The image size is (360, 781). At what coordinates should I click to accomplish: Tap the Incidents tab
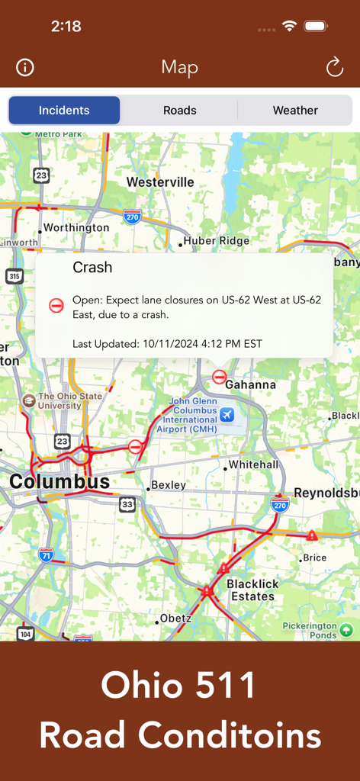click(64, 111)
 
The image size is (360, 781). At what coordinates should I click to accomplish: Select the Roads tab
click(180, 111)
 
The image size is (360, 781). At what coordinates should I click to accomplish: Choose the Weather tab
click(295, 111)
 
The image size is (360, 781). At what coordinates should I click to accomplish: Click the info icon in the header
click(25, 67)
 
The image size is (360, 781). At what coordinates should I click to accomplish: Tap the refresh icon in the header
click(335, 67)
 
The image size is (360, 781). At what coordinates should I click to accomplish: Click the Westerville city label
click(160, 182)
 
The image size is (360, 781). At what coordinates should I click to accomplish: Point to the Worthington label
click(76, 227)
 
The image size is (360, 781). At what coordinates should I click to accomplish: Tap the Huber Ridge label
click(217, 240)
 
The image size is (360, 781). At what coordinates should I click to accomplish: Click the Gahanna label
click(250, 384)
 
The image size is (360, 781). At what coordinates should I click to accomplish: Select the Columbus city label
click(59, 482)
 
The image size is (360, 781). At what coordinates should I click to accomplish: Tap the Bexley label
click(169, 485)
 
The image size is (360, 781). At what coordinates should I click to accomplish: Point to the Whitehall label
click(254, 464)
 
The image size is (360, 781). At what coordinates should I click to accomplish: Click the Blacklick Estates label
click(252, 590)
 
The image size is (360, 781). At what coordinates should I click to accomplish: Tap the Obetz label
click(175, 618)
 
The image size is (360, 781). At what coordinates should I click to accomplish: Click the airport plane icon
click(227, 414)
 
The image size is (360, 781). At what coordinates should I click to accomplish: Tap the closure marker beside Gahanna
click(220, 376)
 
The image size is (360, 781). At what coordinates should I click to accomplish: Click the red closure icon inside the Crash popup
click(56, 305)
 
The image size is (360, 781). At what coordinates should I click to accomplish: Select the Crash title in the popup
click(92, 268)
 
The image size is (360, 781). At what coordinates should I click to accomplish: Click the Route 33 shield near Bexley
click(127, 504)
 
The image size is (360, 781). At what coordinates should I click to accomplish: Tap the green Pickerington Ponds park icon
click(346, 630)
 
